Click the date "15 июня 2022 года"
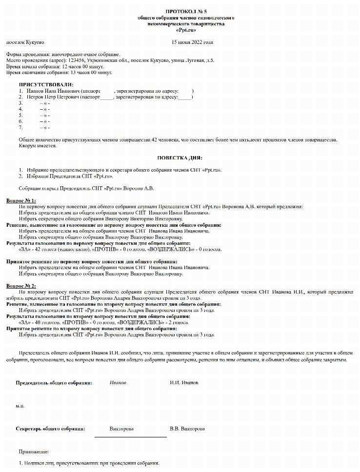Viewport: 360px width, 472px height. pos(192,42)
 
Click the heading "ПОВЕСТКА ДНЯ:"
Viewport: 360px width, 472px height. pos(180,157)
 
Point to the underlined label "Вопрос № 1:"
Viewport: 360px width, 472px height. pos(21,200)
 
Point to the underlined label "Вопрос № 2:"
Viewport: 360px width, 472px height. pos(21,285)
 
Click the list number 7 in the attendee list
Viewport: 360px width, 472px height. pos(20,127)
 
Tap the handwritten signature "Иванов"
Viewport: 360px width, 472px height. pos(118,383)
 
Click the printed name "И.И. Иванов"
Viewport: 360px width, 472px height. pos(184,383)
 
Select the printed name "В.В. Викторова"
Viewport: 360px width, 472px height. pos(187,429)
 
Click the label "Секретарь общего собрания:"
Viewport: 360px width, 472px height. pos(50,429)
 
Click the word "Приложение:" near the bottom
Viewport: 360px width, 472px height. pos(34,452)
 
